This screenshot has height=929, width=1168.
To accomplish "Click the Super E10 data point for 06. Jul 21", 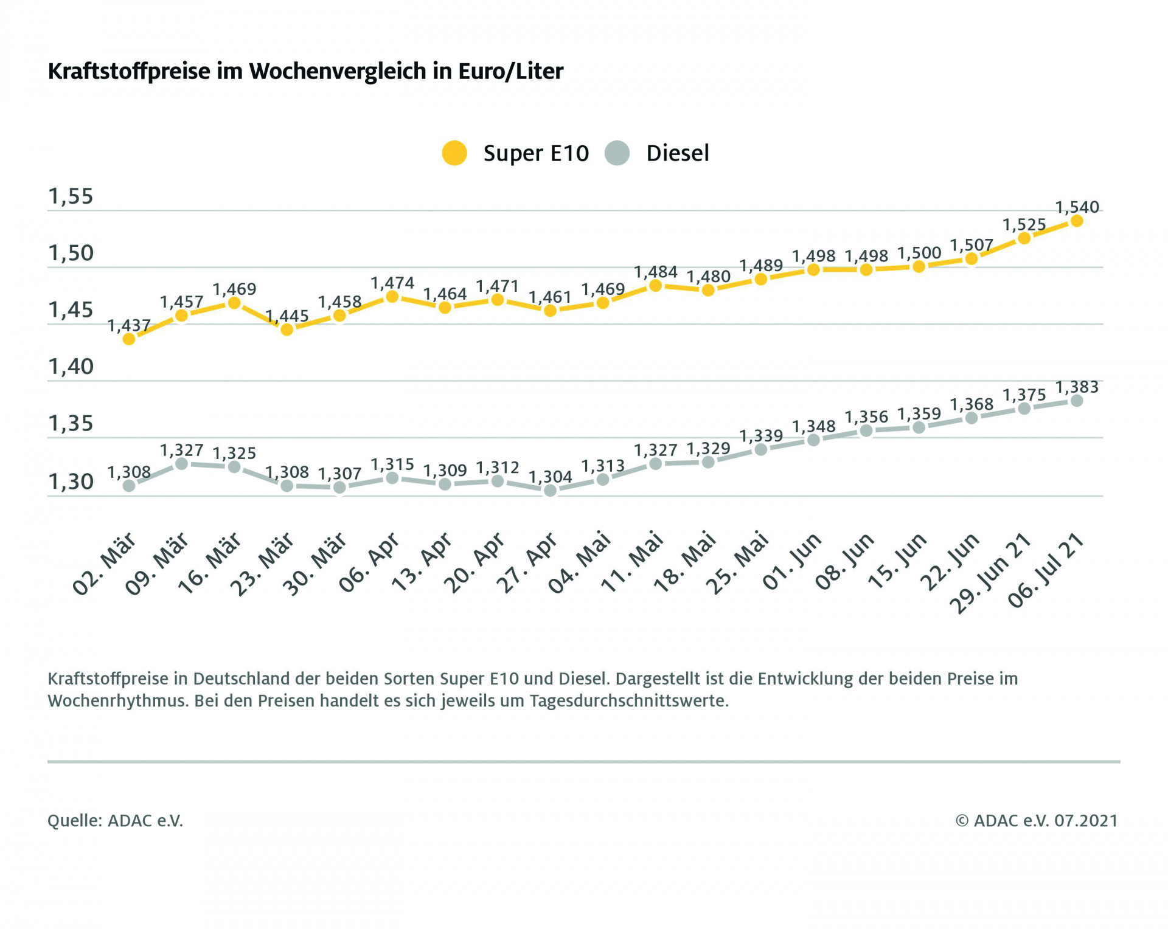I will click(x=1077, y=221).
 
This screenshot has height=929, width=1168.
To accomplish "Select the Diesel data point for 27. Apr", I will click(x=551, y=490).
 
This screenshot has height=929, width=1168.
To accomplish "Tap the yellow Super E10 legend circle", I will click(x=454, y=153).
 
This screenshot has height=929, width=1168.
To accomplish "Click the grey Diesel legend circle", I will click(x=617, y=153).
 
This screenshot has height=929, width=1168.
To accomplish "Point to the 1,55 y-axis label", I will click(x=71, y=196).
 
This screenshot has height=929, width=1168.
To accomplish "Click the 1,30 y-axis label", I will click(x=71, y=482).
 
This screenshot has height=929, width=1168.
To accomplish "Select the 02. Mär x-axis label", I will click(x=105, y=564).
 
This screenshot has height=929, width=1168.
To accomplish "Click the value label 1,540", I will click(x=1077, y=207).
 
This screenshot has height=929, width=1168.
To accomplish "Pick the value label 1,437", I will click(x=129, y=326).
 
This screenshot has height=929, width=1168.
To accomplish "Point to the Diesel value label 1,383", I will click(x=1077, y=387).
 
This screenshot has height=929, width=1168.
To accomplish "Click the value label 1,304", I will click(x=551, y=477).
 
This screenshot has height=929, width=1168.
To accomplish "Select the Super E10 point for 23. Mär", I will click(x=287, y=330).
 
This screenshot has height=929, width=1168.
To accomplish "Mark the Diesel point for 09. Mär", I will click(x=181, y=464).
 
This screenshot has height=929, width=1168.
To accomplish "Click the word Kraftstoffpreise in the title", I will click(x=129, y=71).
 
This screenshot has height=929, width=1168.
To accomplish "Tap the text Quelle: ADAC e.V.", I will click(x=115, y=821).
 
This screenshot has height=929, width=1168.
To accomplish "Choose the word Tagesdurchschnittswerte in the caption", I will click(x=628, y=701).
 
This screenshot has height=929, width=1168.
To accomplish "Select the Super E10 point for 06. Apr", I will click(x=392, y=297).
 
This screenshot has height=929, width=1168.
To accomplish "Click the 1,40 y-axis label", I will click(x=71, y=367).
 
